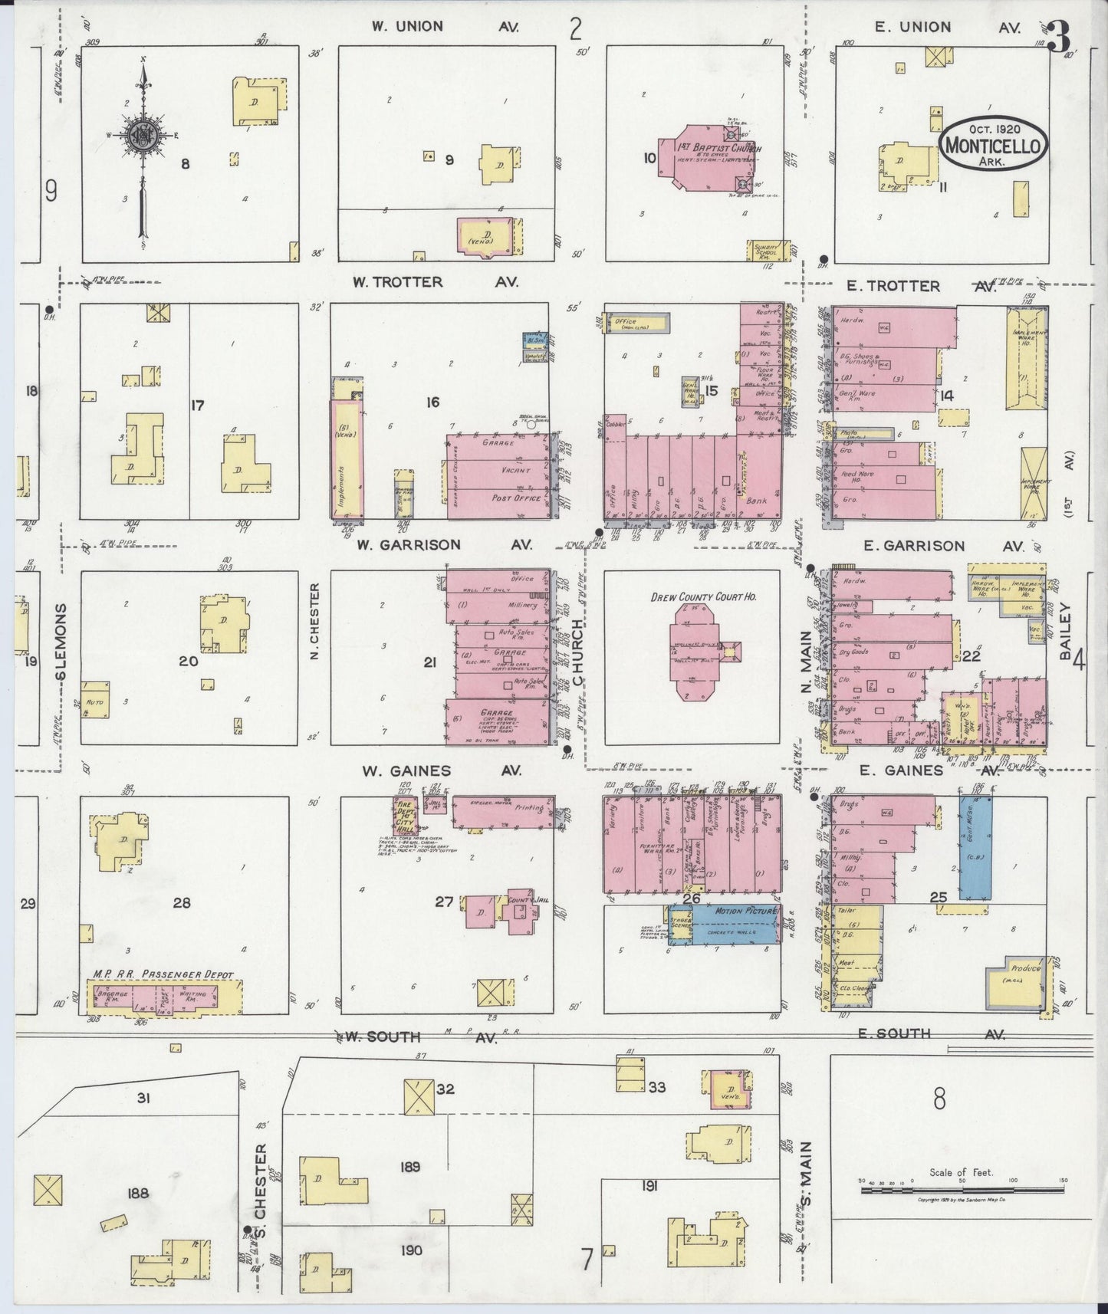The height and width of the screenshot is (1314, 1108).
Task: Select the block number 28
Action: point(182,902)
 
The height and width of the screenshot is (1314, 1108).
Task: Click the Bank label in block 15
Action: point(756,501)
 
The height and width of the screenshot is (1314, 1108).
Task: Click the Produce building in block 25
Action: point(1017,981)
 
